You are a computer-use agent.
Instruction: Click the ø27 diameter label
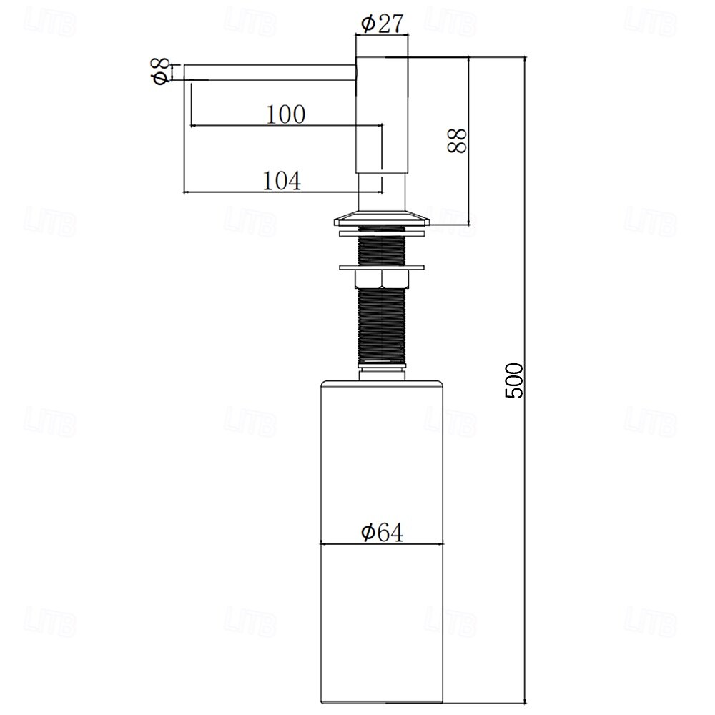pyautogui.click(x=383, y=24)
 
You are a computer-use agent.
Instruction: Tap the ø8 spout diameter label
pyautogui.click(x=162, y=71)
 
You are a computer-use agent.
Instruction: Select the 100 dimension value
pyautogui.click(x=286, y=114)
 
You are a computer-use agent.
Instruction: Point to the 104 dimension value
pyautogui.click(x=282, y=181)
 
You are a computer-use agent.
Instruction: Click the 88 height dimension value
pyautogui.click(x=458, y=140)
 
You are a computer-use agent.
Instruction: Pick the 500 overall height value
pyautogui.click(x=514, y=381)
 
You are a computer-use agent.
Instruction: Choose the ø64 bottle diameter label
pyautogui.click(x=382, y=532)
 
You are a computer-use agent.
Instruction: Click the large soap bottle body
pyautogui.click(x=382, y=542)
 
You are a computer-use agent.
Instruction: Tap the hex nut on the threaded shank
pyautogui.click(x=382, y=279)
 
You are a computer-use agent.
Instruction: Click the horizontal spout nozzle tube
pyautogui.click(x=270, y=72)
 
